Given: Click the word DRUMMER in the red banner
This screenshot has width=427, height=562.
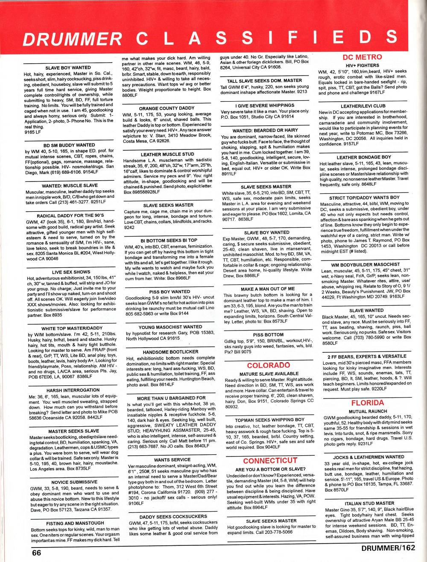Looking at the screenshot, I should tap(73, 39).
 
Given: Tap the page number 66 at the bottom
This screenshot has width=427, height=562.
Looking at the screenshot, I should tap(37, 552).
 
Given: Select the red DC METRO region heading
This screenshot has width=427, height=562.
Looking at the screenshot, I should tap(362, 57).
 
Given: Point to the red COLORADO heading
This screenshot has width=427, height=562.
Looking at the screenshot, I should tap(269, 365).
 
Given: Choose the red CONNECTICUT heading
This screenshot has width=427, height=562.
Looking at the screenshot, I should tap(270, 460).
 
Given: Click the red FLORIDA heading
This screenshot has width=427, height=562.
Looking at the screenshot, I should tap(367, 403).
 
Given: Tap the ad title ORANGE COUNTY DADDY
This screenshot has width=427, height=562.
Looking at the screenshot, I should tap(167, 108).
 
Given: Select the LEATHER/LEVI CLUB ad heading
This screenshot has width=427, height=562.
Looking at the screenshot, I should tap(363, 106).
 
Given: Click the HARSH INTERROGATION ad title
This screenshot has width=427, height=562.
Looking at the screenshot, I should tap(73, 390).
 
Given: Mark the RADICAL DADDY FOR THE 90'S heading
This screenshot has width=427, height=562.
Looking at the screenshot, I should tap(71, 216).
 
